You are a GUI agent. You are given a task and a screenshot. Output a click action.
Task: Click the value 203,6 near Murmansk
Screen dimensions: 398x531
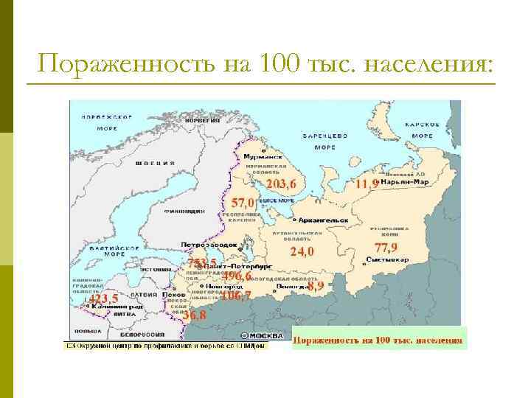[x=281, y=183]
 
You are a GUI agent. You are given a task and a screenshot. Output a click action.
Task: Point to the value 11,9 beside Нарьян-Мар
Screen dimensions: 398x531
[x=367, y=184]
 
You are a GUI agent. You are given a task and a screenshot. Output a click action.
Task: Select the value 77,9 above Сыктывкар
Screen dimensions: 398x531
[x=386, y=247]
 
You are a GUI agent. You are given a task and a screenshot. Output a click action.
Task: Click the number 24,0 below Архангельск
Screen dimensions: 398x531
[x=302, y=251]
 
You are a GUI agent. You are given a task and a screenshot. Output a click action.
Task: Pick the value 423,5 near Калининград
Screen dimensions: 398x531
[x=103, y=298]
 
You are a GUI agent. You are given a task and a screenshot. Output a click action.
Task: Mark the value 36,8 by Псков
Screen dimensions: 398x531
[x=195, y=315]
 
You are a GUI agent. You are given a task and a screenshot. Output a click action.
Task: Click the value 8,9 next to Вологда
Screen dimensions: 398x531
[x=316, y=285]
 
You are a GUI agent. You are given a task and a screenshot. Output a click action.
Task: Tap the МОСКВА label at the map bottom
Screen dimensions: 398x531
[x=265, y=335]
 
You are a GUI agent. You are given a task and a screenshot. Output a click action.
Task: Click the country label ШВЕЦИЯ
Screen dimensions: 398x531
[x=159, y=163]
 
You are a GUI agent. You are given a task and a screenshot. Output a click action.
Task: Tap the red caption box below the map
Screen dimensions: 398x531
[x=379, y=340]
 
